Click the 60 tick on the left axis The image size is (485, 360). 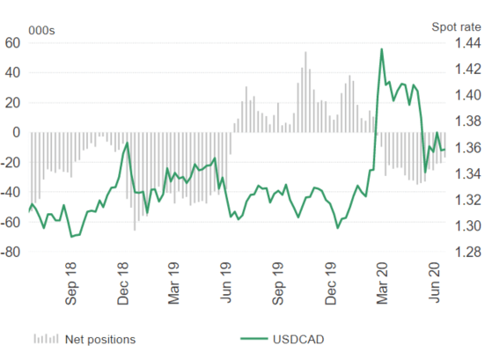[x=12, y=43]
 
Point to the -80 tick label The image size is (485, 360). [x=11, y=252]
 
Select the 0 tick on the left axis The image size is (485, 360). [x=17, y=132]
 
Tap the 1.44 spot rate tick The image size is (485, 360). [x=468, y=42]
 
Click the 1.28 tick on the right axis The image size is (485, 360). [x=468, y=252]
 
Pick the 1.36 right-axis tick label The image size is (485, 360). [x=468, y=148]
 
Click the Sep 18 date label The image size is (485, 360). [x=70, y=283]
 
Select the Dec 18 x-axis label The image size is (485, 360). [x=123, y=283]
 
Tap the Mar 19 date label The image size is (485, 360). [x=173, y=283]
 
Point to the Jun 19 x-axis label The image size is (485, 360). [x=225, y=283]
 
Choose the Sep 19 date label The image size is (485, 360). [x=278, y=283]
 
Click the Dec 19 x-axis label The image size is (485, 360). [x=330, y=283]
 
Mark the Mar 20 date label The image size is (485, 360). [x=382, y=283]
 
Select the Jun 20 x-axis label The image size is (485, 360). [x=434, y=283]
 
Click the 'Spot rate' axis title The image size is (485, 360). [x=456, y=27]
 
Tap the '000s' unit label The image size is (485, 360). [x=41, y=31]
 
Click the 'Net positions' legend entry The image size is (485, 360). [x=85, y=339]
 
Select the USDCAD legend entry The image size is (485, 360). [x=282, y=339]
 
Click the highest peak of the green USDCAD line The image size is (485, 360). [x=382, y=49]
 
